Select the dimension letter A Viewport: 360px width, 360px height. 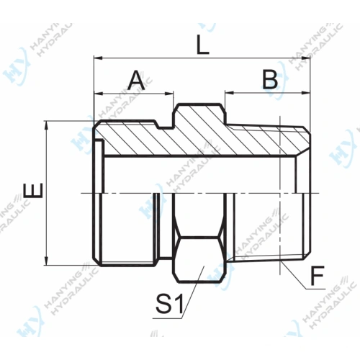click(x=136, y=80)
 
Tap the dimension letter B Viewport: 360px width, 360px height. click(x=269, y=79)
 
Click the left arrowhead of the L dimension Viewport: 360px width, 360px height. click(x=98, y=58)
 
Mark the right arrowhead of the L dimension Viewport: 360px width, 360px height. click(x=305, y=58)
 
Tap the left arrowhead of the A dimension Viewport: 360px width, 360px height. click(x=98, y=93)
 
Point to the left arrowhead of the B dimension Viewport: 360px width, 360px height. click(x=229, y=93)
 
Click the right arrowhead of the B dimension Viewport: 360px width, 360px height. click(x=305, y=93)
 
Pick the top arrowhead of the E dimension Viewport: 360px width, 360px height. click(x=48, y=125)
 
